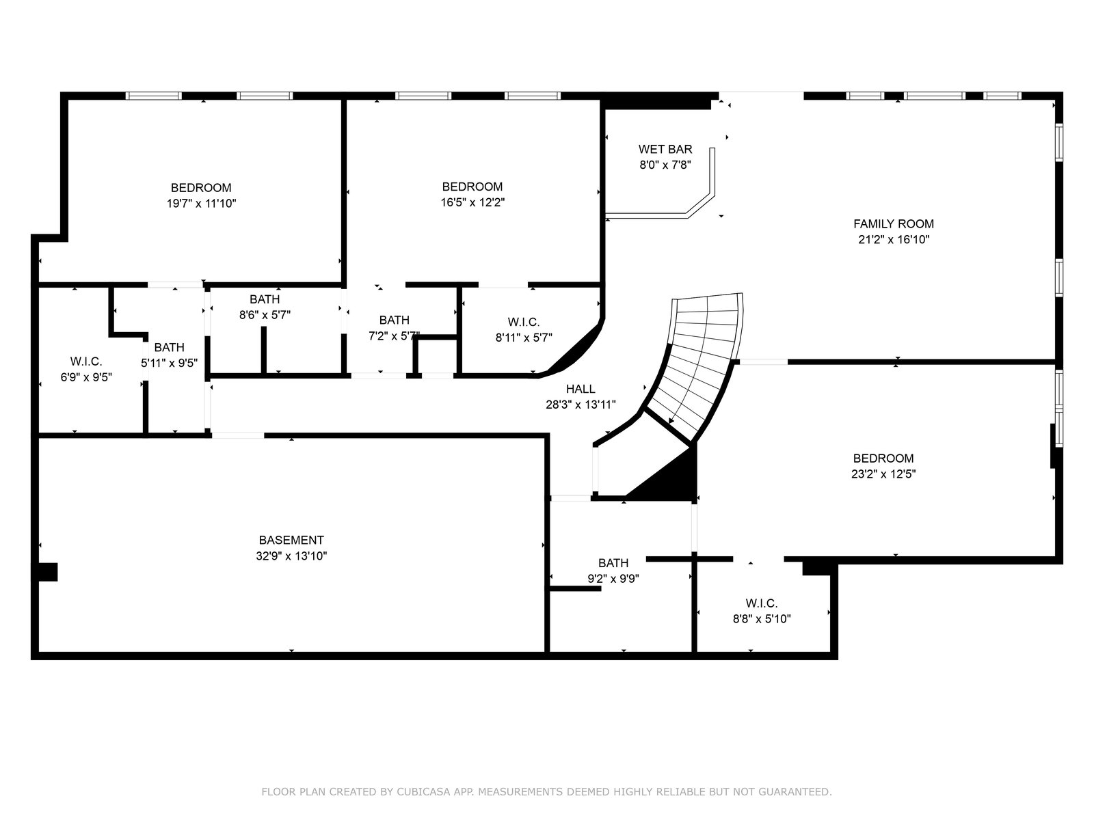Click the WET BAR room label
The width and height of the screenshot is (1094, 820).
tap(665, 149)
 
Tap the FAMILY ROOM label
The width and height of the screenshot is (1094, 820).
tap(894, 223)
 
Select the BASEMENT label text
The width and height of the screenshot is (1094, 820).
tap(291, 540)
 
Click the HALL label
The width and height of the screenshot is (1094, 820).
tap(580, 388)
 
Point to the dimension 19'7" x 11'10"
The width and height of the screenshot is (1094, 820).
tap(201, 203)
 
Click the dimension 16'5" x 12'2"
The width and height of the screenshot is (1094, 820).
tap(472, 202)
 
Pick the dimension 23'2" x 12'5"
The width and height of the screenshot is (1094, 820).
tap(883, 474)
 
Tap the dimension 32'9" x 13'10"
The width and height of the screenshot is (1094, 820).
tap(291, 556)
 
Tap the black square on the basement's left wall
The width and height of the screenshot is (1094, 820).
tap(47, 571)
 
